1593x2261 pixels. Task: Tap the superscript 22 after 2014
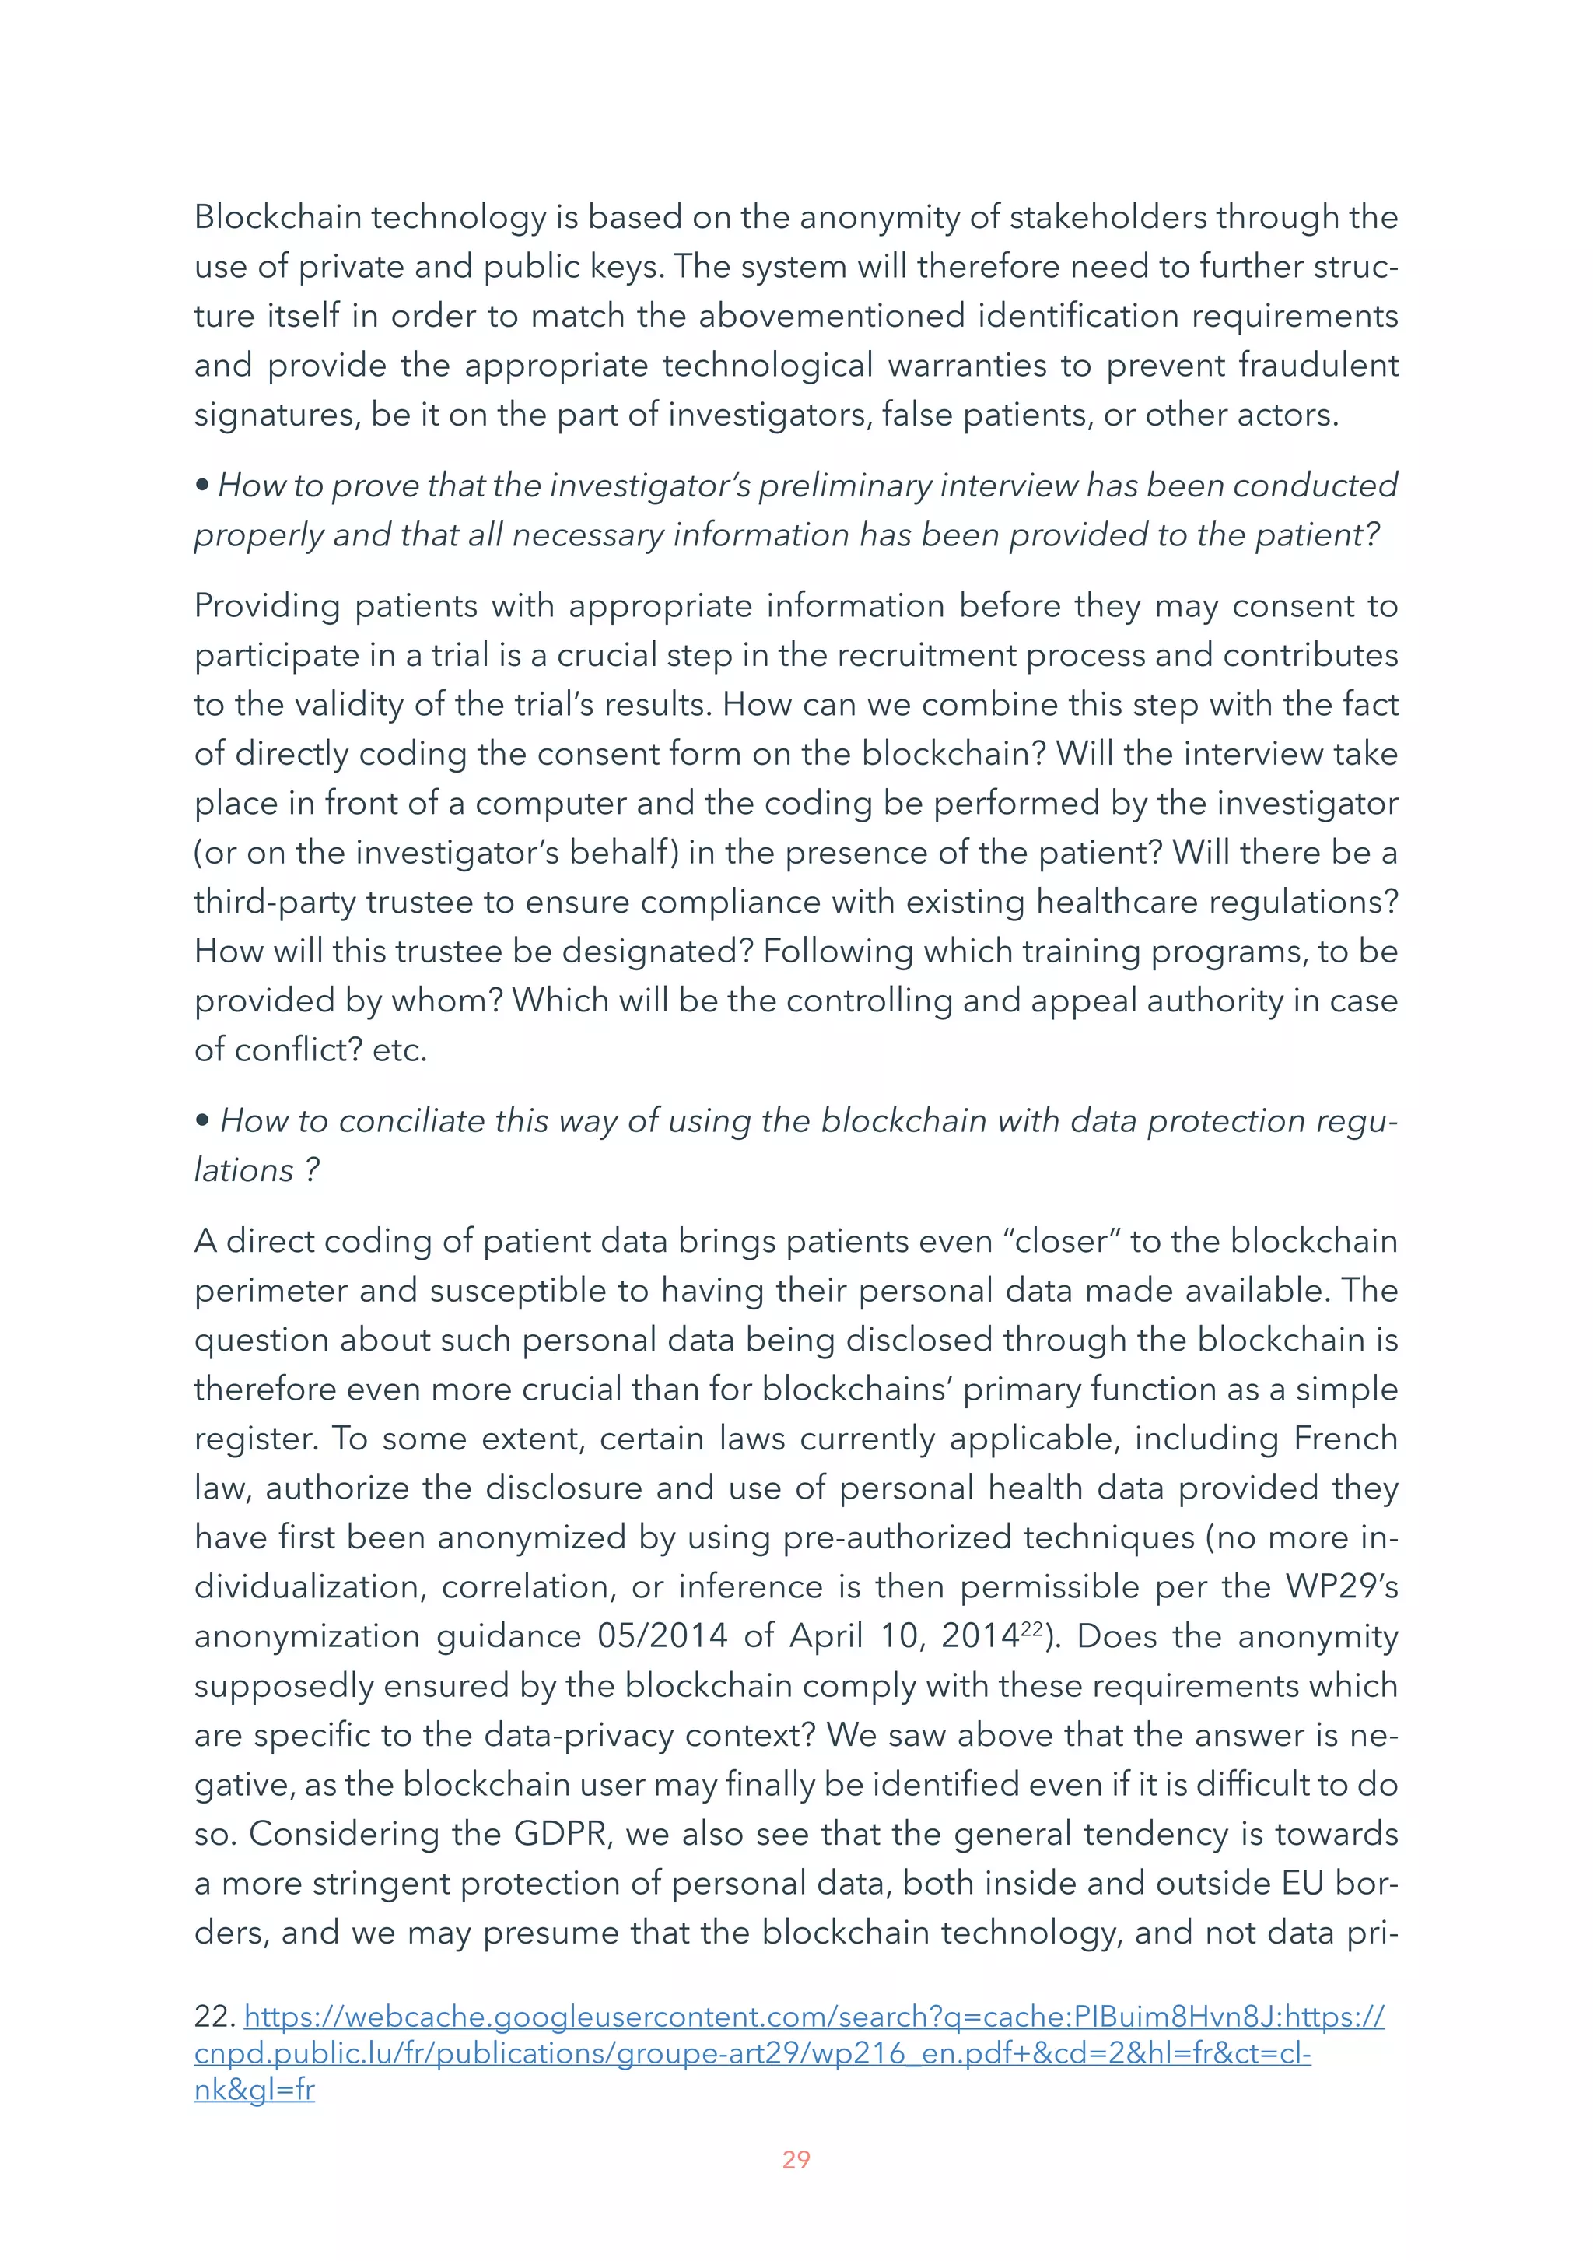point(1030,1628)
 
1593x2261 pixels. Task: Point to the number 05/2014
point(662,1635)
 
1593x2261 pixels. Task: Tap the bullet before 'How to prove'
point(201,485)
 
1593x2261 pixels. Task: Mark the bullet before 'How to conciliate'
point(201,1120)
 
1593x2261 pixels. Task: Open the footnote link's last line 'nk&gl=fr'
point(254,2090)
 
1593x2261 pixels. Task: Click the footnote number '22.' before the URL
point(214,2017)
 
